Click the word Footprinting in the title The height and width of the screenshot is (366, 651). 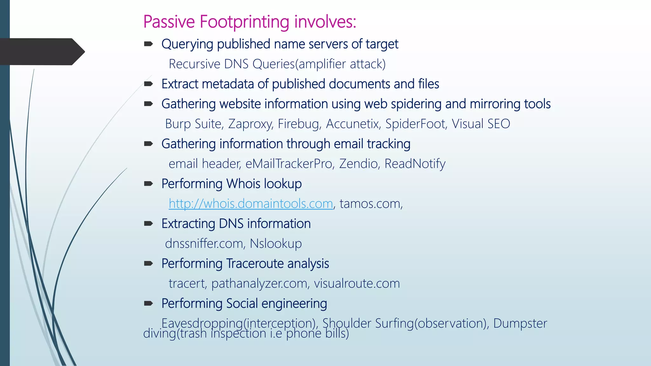(x=244, y=22)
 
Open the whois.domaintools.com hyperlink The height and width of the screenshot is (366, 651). (x=251, y=204)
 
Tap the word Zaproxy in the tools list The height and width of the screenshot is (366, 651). (x=250, y=124)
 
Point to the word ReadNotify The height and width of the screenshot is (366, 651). (x=415, y=164)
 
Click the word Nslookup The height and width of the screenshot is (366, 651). (x=276, y=244)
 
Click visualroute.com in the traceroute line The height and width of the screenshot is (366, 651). (x=357, y=283)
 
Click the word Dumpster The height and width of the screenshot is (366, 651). (x=520, y=323)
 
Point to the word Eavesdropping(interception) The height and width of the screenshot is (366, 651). (x=240, y=323)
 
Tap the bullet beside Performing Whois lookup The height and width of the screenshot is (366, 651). (x=148, y=184)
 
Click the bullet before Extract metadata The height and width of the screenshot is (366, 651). (x=148, y=84)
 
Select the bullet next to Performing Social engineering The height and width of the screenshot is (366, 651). (x=148, y=303)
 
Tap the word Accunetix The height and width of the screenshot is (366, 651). (x=353, y=124)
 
